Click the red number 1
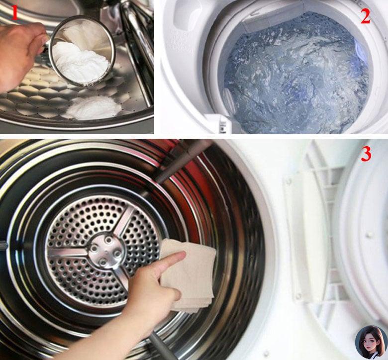14,13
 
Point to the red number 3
366,154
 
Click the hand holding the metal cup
21,56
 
